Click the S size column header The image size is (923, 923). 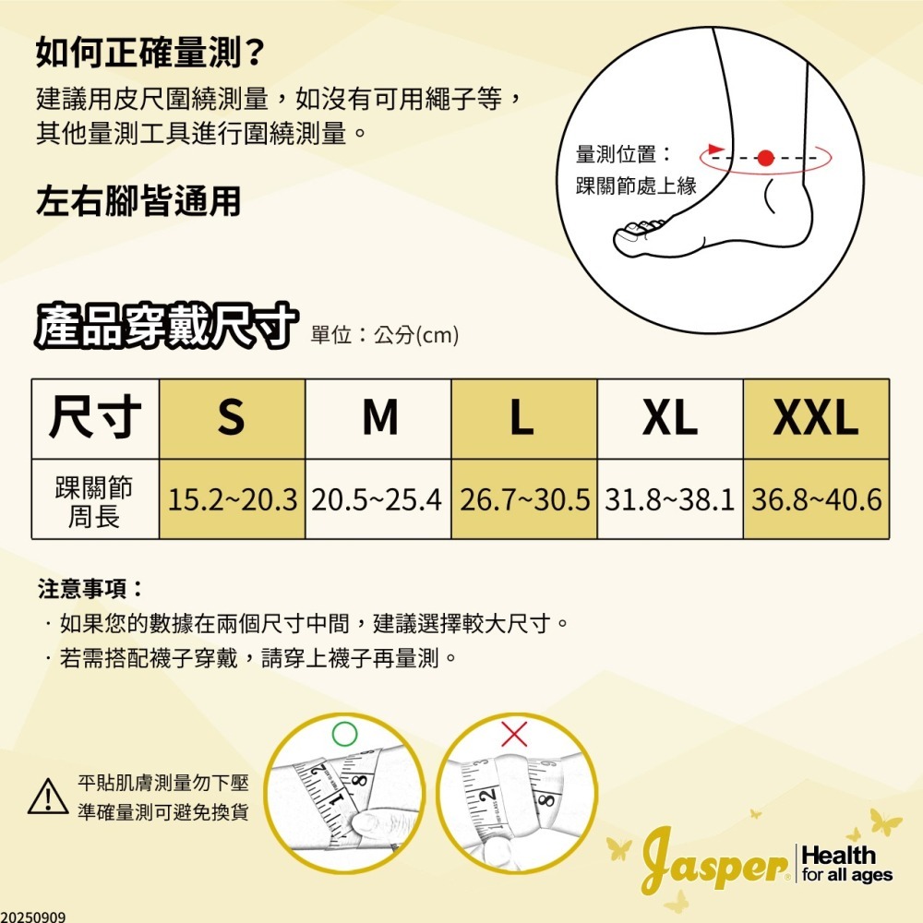[x=232, y=418]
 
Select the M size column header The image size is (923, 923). [x=378, y=418]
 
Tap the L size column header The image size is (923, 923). [x=523, y=418]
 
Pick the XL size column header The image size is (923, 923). [x=670, y=418]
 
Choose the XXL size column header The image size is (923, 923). [x=816, y=418]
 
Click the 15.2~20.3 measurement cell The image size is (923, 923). [x=232, y=499]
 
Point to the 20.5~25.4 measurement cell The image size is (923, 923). [x=378, y=499]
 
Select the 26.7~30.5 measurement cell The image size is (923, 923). [x=523, y=499]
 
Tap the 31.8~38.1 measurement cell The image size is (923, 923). [x=670, y=499]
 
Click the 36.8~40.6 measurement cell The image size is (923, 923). [x=816, y=499]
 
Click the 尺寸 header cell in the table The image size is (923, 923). [x=96, y=418]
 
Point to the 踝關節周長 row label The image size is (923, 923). [x=96, y=499]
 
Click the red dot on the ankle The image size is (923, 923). [x=764, y=158]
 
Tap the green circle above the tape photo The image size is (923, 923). [x=343, y=734]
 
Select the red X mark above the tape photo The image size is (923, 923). [x=515, y=735]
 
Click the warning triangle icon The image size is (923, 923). [x=48, y=797]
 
